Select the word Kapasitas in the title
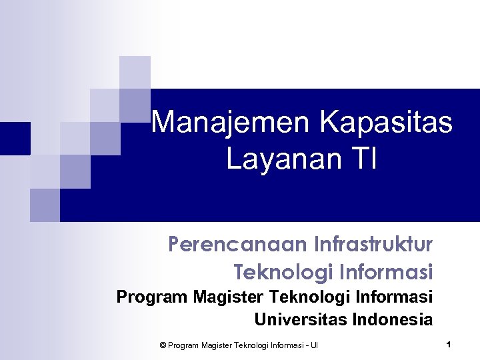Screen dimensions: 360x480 tap(386, 123)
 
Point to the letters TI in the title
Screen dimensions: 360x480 tap(364, 160)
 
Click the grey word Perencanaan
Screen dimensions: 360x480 tap(236, 245)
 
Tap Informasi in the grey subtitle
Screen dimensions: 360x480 tap(386, 272)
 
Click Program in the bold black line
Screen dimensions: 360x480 tap(152, 297)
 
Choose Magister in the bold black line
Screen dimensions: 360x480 tap(225, 297)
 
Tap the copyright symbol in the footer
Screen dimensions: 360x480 tap(163, 345)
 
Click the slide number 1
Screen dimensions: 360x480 tap(449, 345)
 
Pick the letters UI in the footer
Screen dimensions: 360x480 tap(314, 345)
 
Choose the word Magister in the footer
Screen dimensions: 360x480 tap(214, 345)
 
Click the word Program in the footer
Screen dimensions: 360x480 tap(183, 345)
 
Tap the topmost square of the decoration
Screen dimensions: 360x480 tap(135, 72)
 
